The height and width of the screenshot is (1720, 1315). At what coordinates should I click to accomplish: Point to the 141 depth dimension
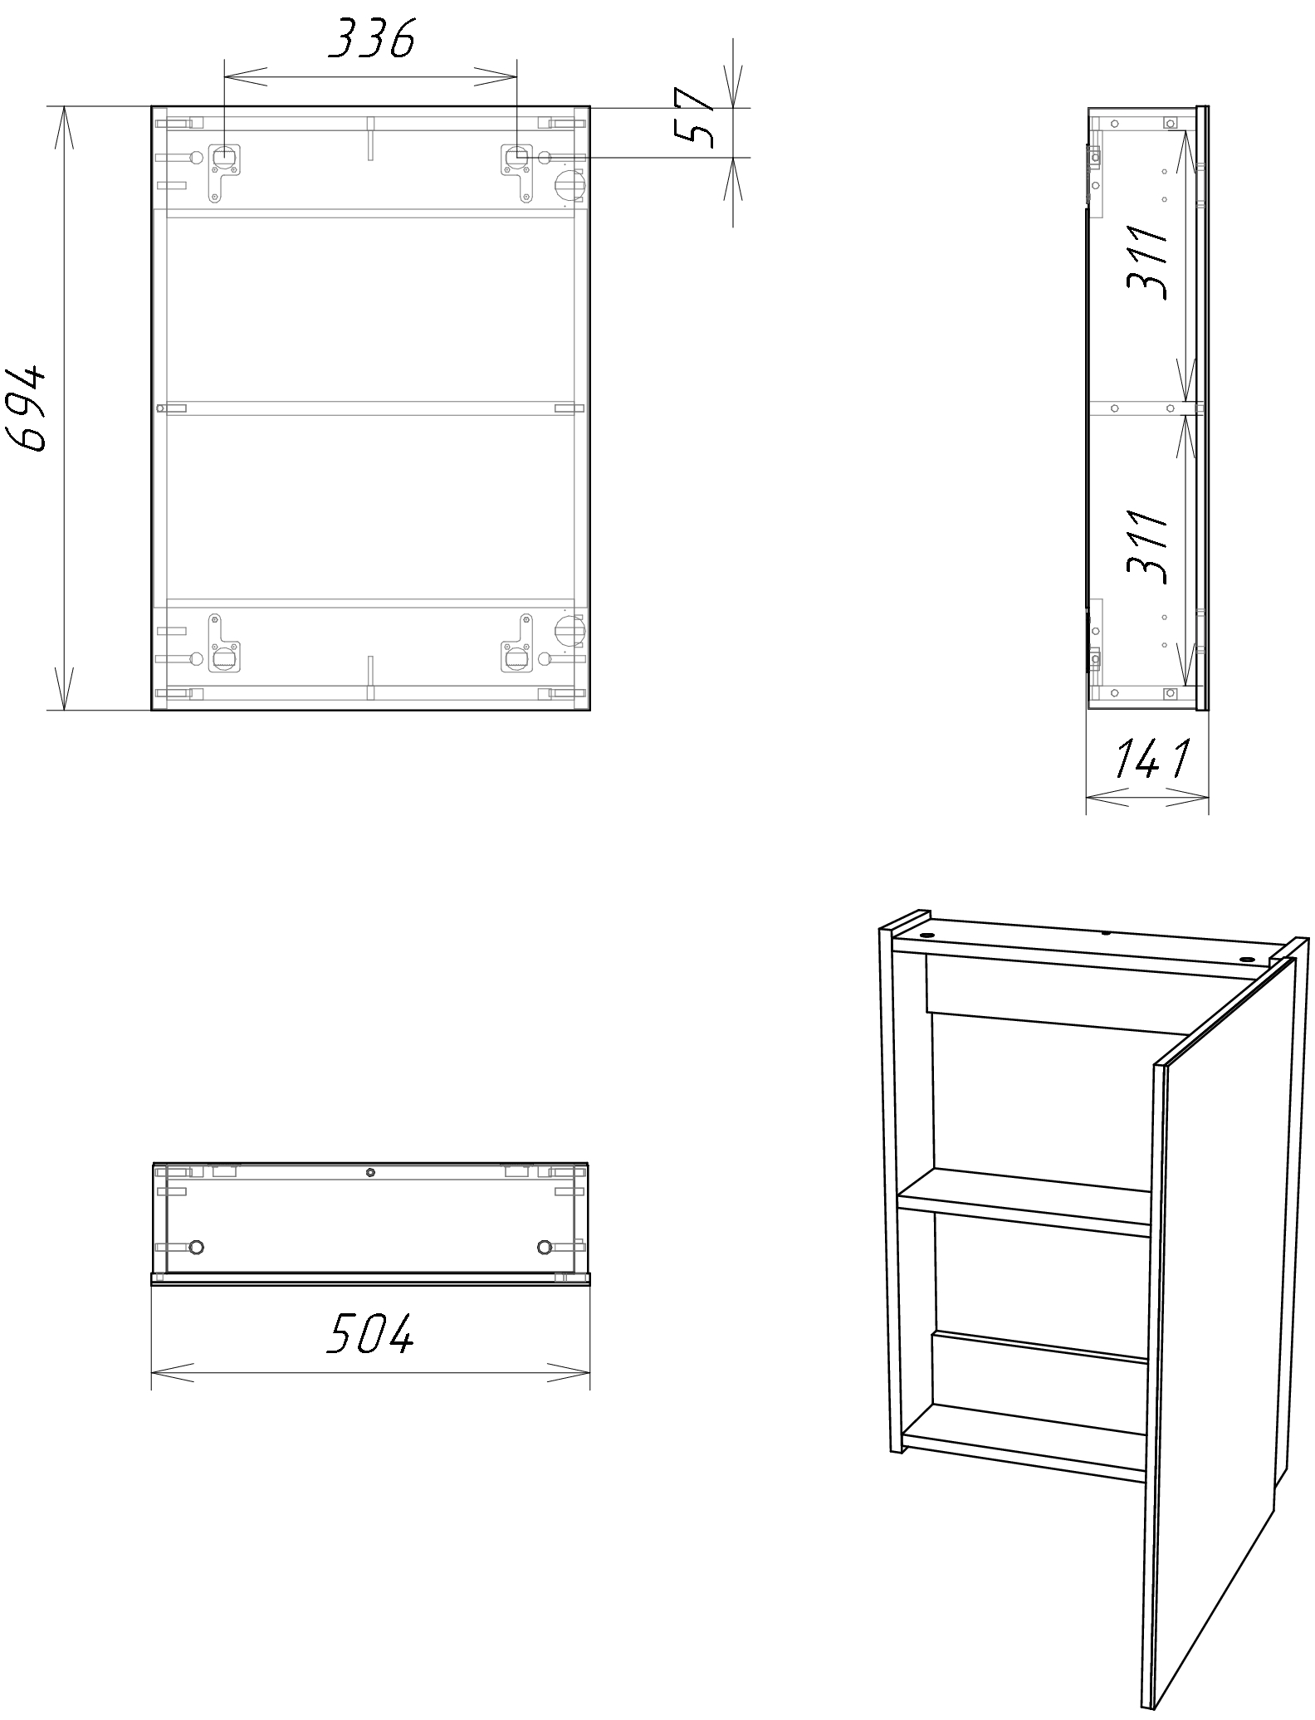pos(1151,758)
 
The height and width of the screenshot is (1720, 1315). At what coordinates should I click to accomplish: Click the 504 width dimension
pos(370,1334)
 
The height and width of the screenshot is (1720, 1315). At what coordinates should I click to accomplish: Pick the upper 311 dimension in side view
pos(1148,262)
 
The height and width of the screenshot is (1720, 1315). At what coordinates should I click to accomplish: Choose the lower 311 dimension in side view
pos(1148,546)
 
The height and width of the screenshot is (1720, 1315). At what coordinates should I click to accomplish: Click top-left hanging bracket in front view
pos(222,169)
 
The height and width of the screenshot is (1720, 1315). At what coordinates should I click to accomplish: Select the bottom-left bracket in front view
pos(222,643)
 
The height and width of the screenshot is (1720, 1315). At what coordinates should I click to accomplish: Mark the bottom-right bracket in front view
pos(516,643)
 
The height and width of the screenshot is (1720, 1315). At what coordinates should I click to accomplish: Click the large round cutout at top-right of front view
pos(569,184)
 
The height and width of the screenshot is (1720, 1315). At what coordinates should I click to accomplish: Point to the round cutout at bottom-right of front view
pos(569,628)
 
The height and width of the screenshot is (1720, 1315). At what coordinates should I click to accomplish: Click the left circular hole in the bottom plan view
pos(197,1247)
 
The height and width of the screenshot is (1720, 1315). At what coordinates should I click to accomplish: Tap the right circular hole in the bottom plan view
pos(545,1247)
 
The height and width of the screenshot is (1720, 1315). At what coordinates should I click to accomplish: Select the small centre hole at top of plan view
pos(370,1173)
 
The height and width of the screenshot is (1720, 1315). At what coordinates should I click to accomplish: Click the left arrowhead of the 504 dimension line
pos(173,1372)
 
